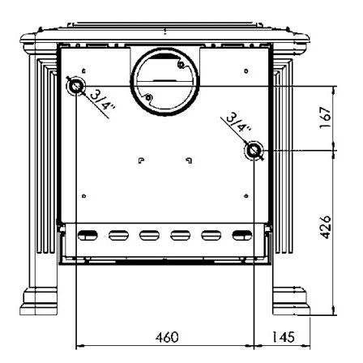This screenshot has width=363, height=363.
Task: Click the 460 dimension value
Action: click(x=167, y=337)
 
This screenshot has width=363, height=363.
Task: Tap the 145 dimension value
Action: click(x=283, y=337)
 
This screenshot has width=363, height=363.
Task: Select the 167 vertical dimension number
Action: click(x=325, y=118)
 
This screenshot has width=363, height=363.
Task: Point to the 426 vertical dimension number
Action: click(x=325, y=227)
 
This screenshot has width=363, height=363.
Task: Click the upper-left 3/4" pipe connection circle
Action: click(x=76, y=87)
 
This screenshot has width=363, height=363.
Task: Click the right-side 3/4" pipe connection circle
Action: click(x=254, y=150)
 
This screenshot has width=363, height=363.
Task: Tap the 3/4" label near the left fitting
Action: click(x=102, y=100)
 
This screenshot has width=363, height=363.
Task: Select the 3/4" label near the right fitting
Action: click(x=237, y=123)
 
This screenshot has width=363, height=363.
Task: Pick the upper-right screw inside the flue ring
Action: click(x=181, y=65)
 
